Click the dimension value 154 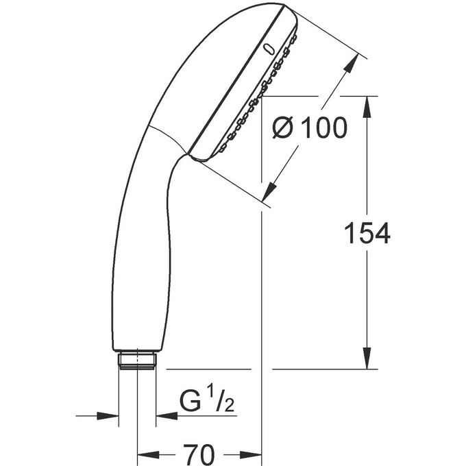pos(367,233)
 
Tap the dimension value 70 pos(199,454)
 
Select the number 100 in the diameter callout pos(324,127)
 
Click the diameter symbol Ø pos(283,127)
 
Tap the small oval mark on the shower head pos(269,49)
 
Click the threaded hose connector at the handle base pos(137,360)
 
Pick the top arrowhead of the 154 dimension pos(367,106)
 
